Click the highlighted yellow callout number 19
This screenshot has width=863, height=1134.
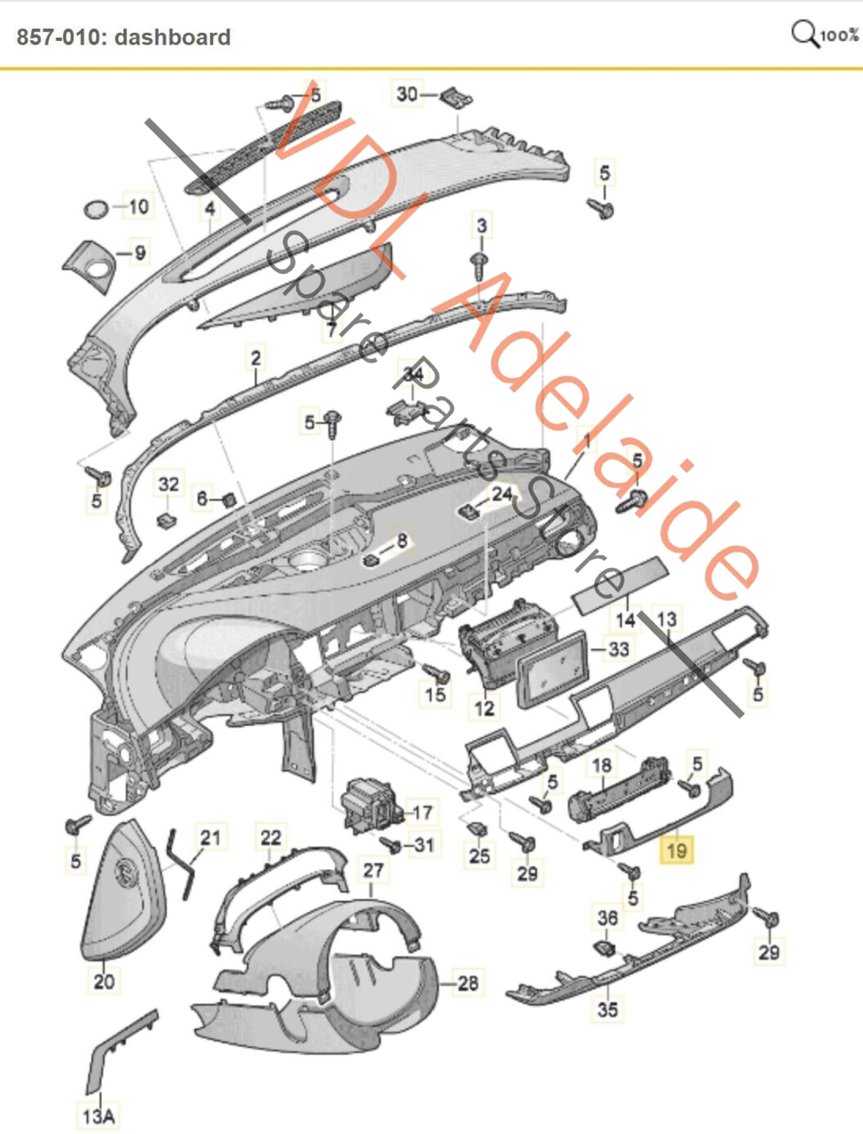[676, 850]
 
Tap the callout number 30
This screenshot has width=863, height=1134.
[407, 94]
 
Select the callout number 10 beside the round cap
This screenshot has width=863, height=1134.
[138, 206]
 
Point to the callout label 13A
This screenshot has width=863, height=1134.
[99, 1116]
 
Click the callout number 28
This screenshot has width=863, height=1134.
[468, 982]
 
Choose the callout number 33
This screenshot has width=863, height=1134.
[619, 648]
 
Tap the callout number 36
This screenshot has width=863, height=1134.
[607, 917]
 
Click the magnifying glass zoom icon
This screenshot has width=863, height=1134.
[804, 33]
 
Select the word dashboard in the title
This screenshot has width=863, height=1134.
[172, 37]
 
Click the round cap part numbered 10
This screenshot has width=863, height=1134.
[97, 209]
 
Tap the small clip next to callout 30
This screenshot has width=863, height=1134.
[456, 98]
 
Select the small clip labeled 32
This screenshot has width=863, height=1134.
[166, 520]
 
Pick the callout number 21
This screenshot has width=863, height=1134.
[210, 837]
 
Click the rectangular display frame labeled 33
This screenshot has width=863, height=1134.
[552, 672]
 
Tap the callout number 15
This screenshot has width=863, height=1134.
[436, 694]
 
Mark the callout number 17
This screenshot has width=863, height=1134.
[422, 812]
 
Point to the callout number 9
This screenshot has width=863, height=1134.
[140, 253]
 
